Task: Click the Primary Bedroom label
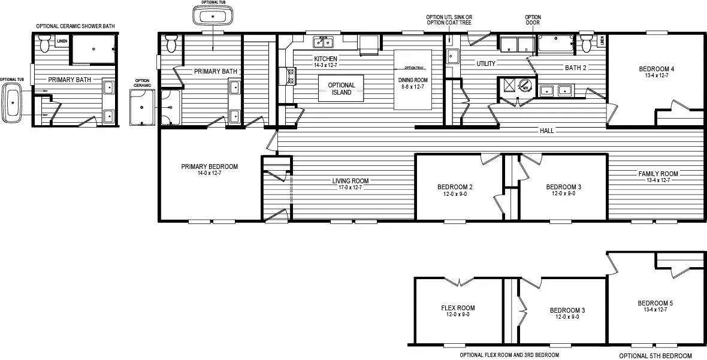209,167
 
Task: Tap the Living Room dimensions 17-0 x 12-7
351,187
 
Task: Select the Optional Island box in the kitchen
342,89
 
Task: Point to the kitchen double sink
324,42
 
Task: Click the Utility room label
485,63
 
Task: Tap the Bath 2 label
576,68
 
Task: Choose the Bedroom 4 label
656,69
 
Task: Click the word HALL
546,131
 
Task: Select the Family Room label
658,174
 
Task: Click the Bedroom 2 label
455,187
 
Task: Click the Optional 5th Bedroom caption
655,355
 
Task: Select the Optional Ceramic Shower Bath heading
75,26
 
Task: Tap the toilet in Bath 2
585,44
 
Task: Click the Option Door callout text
533,20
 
